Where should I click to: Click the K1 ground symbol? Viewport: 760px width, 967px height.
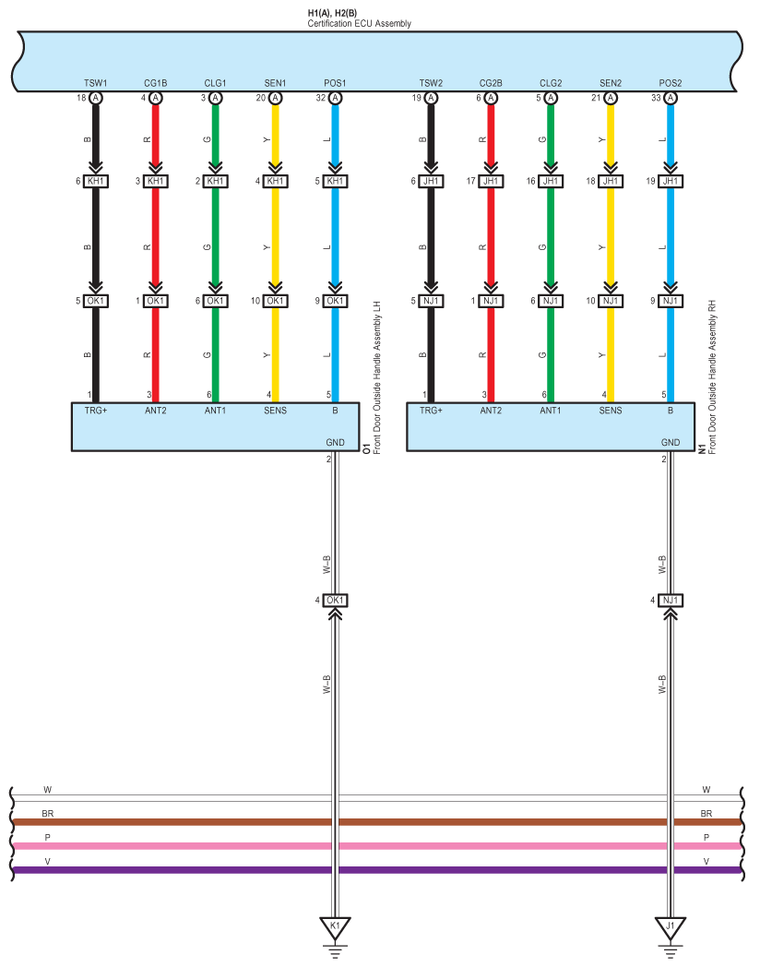(334, 925)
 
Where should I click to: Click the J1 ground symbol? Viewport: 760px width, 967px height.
(671, 925)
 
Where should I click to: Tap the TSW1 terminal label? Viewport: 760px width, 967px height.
(95, 83)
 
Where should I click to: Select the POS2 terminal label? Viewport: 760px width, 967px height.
(671, 83)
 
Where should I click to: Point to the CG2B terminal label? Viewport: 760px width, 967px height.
(491, 83)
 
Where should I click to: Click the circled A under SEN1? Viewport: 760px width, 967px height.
(274, 98)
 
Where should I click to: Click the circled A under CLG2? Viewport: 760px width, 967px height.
(551, 98)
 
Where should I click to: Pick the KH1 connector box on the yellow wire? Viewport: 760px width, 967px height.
(274, 182)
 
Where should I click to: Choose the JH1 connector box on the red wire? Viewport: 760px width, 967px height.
(491, 182)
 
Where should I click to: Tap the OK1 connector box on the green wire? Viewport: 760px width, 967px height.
(214, 301)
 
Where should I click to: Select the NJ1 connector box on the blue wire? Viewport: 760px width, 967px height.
(671, 301)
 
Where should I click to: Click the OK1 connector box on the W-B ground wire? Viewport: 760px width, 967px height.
(334, 601)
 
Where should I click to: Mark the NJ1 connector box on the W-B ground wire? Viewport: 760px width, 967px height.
(671, 601)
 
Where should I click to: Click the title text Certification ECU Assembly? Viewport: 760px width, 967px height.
(360, 23)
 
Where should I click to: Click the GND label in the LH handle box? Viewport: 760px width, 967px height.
(335, 443)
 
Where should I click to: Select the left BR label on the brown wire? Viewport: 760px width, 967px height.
(47, 815)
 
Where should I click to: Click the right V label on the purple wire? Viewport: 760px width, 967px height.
(707, 862)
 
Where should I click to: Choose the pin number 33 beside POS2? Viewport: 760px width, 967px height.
(655, 97)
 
